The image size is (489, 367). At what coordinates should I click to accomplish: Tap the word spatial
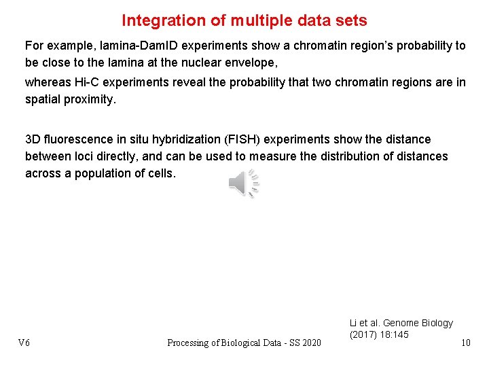[x=43, y=99]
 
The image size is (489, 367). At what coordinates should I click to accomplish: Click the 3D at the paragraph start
[x=32, y=139]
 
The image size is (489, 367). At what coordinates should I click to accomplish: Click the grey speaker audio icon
[x=243, y=182]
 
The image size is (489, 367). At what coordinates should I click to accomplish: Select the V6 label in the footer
[x=24, y=343]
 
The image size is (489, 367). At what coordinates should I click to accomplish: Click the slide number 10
[x=465, y=343]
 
